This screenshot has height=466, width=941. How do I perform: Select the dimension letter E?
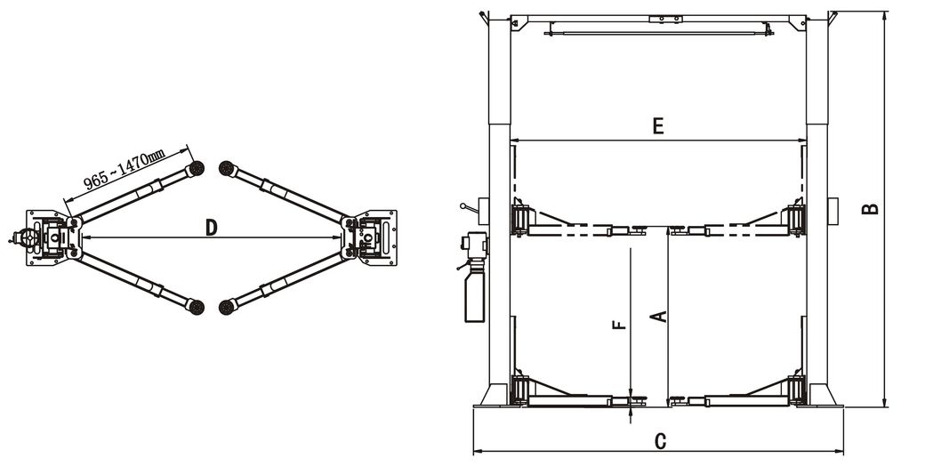click(x=657, y=126)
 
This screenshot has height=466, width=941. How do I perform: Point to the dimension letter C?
click(x=660, y=440)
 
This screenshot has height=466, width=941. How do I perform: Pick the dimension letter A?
click(x=658, y=315)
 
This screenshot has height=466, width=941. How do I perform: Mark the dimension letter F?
click(x=620, y=325)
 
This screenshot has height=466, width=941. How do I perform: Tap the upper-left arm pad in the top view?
click(x=197, y=168)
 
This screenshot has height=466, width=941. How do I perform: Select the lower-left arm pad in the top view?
click(x=197, y=307)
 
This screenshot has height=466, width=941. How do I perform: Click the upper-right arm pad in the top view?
click(x=226, y=168)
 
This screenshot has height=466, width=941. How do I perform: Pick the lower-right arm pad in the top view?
click(x=226, y=307)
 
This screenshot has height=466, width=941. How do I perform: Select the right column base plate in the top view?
click(x=374, y=237)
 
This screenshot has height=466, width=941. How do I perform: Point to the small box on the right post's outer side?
click(x=833, y=208)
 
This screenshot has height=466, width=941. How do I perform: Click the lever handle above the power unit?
click(x=466, y=209)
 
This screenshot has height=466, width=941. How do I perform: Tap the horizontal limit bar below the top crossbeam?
click(x=658, y=32)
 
